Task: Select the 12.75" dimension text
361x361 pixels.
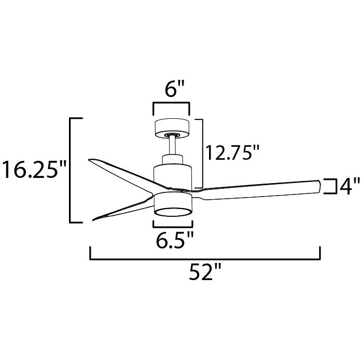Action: (231, 153)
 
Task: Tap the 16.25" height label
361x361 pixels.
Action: (34, 170)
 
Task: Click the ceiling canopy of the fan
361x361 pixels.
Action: (172, 127)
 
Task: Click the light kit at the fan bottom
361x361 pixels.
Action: (173, 205)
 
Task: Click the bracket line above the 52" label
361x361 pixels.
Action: (205, 257)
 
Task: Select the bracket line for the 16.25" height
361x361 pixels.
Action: (71, 170)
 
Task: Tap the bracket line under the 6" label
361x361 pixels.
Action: (171, 105)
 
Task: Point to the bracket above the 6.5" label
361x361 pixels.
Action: (173, 225)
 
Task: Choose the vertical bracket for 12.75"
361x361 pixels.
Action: (201, 153)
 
